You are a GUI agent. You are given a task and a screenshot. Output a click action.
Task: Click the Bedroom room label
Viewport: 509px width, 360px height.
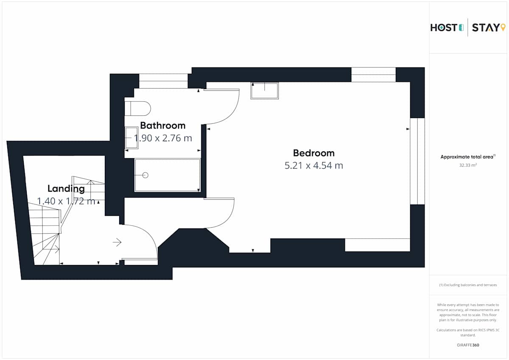point(313,153)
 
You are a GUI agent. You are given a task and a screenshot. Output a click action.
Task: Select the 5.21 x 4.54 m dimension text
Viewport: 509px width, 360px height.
point(313,165)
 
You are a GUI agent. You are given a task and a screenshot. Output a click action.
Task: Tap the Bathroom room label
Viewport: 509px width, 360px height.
point(163,126)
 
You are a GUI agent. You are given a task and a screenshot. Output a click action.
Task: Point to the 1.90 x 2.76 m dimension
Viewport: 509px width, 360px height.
point(163,138)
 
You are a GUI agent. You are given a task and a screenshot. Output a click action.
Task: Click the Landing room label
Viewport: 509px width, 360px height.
point(66,189)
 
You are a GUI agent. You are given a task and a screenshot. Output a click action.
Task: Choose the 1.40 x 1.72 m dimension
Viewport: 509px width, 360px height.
point(66,201)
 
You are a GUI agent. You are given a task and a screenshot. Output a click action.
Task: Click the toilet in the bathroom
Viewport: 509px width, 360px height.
point(138,109)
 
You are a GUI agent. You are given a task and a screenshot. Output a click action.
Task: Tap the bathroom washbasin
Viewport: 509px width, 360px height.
point(131,138)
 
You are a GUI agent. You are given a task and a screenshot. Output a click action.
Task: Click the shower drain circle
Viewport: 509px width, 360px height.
point(145,175)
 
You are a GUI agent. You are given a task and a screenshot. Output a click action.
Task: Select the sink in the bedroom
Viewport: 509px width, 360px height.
point(265,91)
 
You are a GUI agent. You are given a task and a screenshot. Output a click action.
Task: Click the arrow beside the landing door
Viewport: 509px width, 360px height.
point(117,242)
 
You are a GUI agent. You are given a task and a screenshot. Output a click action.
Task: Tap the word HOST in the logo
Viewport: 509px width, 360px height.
point(444,28)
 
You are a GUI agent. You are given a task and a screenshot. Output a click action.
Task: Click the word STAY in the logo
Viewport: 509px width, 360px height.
point(486,28)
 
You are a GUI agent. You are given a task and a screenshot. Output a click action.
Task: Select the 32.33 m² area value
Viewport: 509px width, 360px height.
point(468,165)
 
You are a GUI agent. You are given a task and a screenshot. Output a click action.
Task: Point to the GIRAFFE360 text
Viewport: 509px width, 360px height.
point(468,345)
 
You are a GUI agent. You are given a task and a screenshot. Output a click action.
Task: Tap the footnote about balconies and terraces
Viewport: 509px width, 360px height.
point(468,285)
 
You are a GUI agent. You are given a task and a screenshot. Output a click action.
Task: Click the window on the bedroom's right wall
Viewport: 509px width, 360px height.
point(417,161)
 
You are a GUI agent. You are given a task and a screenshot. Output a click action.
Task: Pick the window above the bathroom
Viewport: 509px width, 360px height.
point(163,81)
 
